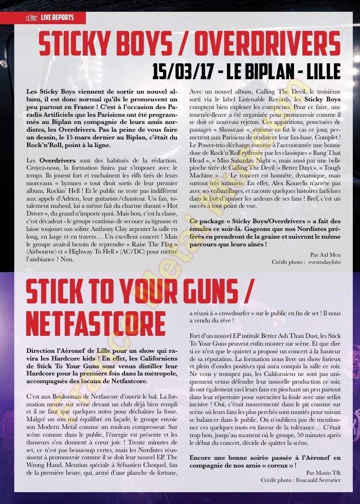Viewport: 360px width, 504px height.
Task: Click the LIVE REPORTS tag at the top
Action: (x=57, y=18)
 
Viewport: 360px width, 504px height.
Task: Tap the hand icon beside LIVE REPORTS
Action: (x=32, y=18)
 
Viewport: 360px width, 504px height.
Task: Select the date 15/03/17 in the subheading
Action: (x=183, y=71)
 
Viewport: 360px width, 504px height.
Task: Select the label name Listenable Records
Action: (x=256, y=98)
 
